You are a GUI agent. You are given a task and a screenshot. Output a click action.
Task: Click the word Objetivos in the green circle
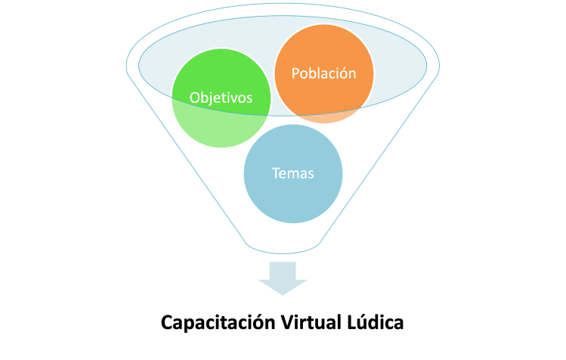coord(221,98)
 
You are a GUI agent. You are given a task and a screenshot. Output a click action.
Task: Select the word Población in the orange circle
coord(323,73)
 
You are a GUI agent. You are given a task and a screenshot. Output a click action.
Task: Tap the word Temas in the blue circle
coord(292,173)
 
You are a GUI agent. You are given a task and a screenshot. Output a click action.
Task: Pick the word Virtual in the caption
coord(308,322)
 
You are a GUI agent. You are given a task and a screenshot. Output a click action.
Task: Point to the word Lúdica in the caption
coord(376,322)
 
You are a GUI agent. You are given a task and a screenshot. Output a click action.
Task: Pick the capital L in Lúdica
coord(354,322)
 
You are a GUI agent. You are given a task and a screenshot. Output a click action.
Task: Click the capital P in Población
coord(295,73)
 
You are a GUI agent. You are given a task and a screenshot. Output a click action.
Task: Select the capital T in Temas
coord(276,173)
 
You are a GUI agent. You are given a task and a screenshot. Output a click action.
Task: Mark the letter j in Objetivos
coord(213,98)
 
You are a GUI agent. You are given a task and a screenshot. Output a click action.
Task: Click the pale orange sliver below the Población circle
coord(323,117)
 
